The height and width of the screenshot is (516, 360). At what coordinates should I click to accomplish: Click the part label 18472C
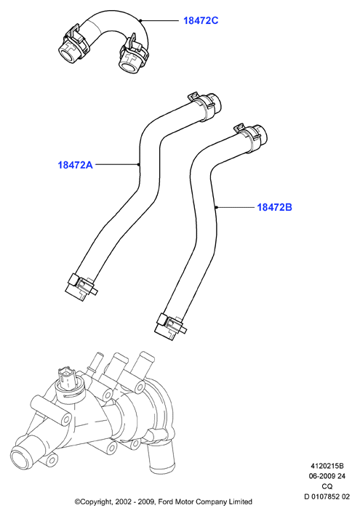click(x=201, y=21)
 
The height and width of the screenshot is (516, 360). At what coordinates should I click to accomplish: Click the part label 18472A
click(x=76, y=165)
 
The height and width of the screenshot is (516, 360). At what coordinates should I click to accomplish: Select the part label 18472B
click(x=274, y=207)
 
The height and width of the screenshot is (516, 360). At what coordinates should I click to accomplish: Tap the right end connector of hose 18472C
click(x=132, y=57)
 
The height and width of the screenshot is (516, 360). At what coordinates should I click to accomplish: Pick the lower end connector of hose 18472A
click(x=81, y=286)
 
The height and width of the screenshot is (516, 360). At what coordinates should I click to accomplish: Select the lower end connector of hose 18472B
click(x=169, y=326)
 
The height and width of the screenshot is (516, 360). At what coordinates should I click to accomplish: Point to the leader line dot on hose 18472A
click(x=139, y=164)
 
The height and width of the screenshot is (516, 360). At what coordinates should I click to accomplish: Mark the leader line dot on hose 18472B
click(x=216, y=207)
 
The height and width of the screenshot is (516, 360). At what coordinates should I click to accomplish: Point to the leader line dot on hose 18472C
click(x=141, y=21)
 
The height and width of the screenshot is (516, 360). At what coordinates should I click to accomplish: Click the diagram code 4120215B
click(x=327, y=466)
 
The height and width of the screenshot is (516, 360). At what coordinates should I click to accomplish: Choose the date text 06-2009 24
click(x=327, y=476)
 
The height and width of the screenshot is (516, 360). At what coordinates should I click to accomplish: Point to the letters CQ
click(x=327, y=486)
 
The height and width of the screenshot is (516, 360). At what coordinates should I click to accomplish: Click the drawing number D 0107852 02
click(x=327, y=497)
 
